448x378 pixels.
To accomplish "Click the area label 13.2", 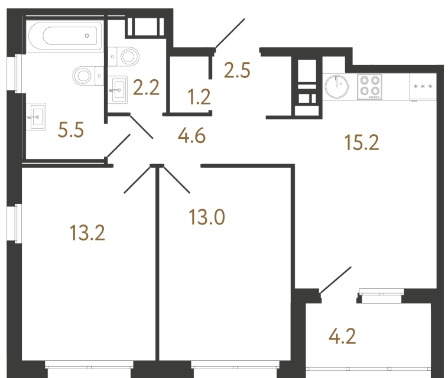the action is tap(87, 233).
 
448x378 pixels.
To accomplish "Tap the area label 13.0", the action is tap(207, 217).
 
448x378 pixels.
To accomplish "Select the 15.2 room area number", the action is tap(362, 142).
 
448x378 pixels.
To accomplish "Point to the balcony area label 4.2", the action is tap(342, 336).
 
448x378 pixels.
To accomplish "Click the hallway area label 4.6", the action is tap(191, 136).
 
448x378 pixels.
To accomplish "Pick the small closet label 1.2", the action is tap(199, 97).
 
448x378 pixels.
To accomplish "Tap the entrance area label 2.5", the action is tap(237, 70).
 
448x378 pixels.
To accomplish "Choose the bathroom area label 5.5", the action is tap(70, 130).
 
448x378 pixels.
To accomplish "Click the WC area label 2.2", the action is tap(147, 87).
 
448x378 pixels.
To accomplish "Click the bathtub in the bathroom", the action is tap(65, 36).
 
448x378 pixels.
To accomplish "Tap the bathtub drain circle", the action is tap(87, 35).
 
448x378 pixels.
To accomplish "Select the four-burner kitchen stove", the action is tap(370, 87).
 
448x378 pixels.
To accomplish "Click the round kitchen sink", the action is tap(336, 86).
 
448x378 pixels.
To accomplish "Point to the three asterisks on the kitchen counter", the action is tap(423, 86).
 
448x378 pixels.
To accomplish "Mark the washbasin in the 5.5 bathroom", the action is tap(36, 117).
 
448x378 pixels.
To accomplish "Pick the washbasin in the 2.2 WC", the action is tap(118, 90).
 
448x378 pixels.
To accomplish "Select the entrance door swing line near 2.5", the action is tap(230, 33).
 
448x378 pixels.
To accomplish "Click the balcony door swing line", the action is tap(336, 280).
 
